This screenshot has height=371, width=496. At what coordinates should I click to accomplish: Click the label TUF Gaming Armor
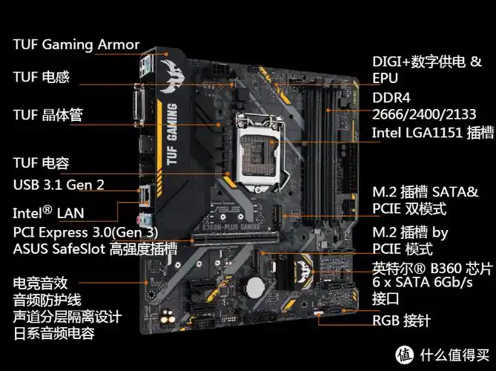point(76,45)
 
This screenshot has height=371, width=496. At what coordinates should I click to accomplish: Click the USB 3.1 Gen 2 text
point(59,184)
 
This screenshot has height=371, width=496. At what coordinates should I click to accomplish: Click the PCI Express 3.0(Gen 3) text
point(86,232)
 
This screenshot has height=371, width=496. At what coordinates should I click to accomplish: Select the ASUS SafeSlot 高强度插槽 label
point(96,248)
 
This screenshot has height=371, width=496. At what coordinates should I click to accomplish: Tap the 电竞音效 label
point(41,283)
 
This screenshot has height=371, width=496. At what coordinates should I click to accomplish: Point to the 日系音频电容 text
point(54,333)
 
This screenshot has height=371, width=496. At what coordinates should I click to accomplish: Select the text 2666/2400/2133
point(424,114)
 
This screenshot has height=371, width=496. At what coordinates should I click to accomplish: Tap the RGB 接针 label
point(400,321)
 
